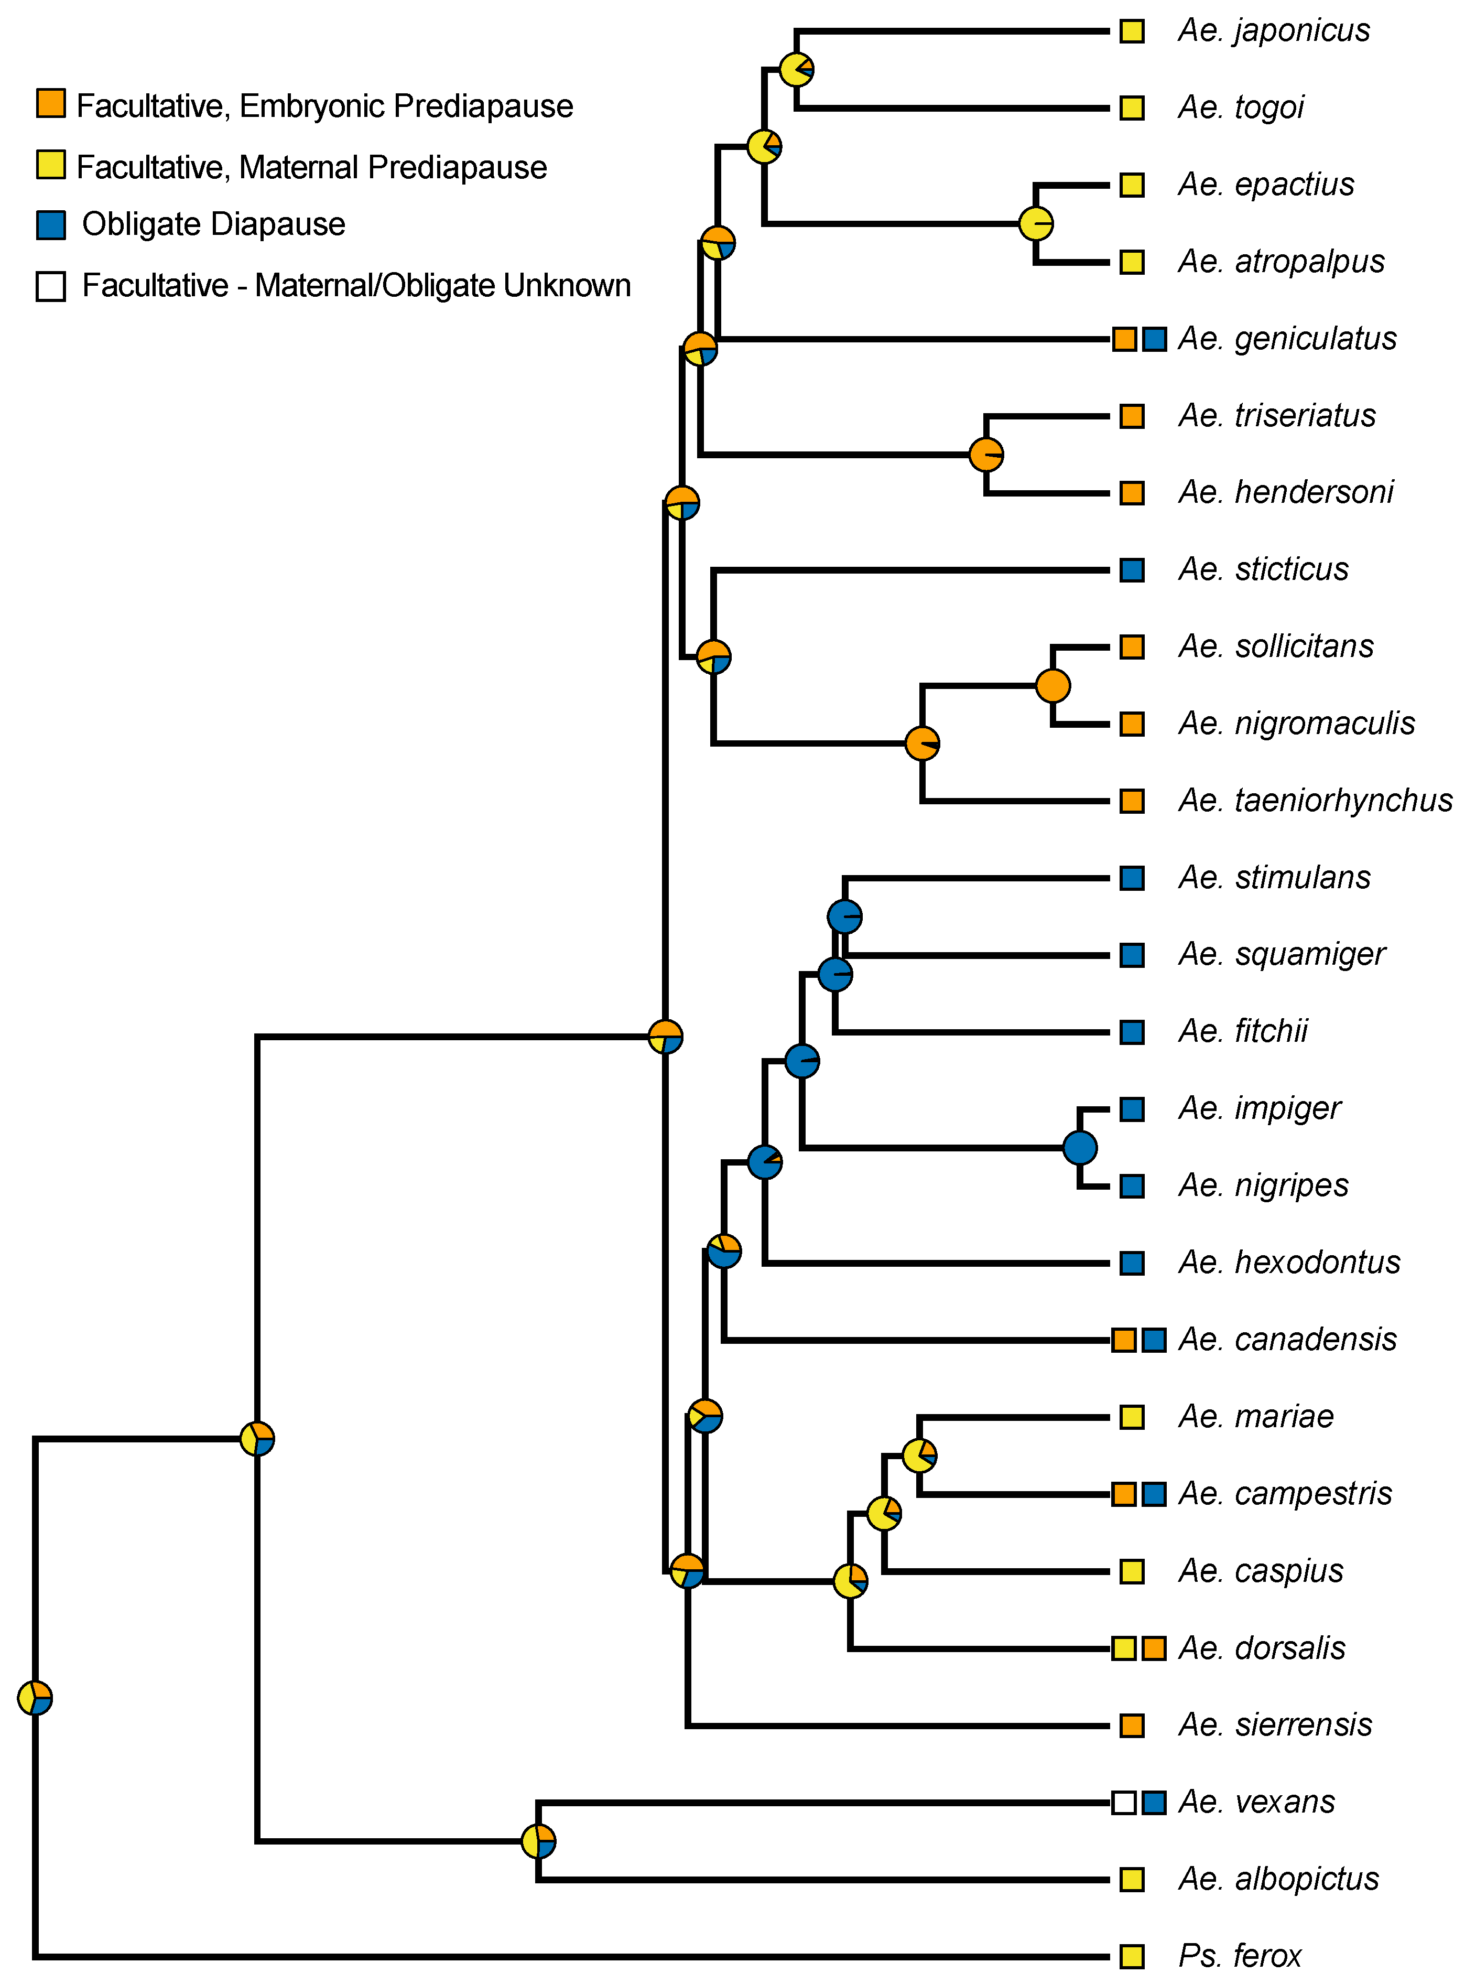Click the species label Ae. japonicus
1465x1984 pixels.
coord(1274,31)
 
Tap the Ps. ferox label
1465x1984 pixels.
coord(1240,1956)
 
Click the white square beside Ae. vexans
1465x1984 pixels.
coord(1124,1802)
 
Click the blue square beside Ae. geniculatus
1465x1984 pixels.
coord(1154,339)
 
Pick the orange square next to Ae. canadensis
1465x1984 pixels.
coord(1124,1340)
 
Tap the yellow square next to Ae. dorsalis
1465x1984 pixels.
coord(1124,1649)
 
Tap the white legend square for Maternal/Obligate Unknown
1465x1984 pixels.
coord(50,286)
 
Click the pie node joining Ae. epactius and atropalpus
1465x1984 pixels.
coord(1036,223)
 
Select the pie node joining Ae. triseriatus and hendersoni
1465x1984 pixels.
coord(986,455)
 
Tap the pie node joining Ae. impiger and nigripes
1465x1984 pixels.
coord(1079,1148)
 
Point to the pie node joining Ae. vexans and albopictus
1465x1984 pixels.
coord(538,1841)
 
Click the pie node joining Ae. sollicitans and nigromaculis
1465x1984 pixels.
coord(1052,686)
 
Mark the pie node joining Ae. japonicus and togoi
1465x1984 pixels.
coord(796,69)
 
